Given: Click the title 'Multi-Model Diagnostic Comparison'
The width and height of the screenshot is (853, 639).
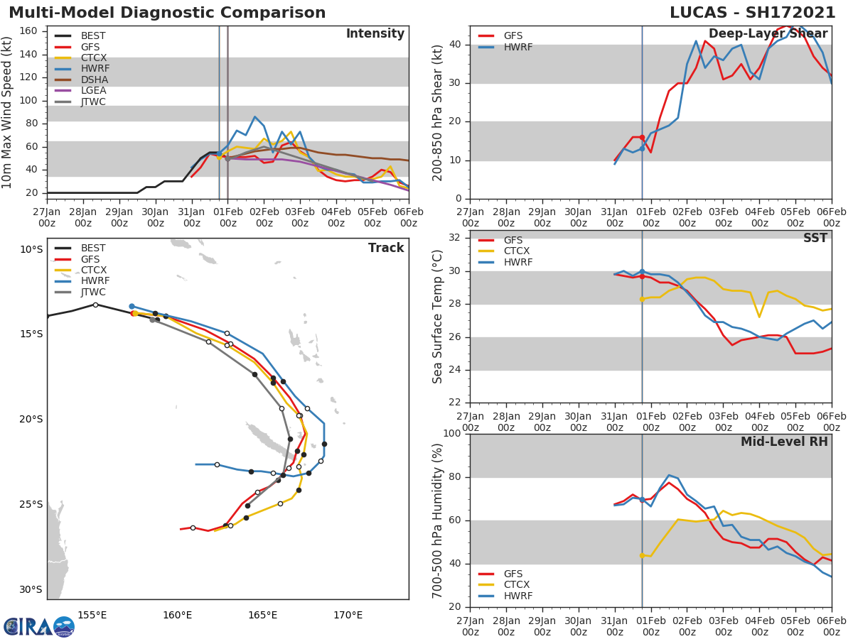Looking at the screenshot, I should (167, 13).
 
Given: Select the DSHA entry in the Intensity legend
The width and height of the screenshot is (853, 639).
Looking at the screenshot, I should (93, 80).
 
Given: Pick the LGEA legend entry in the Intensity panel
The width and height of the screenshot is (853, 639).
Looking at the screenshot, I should (93, 91).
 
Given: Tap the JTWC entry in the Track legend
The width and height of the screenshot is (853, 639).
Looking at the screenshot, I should (93, 293).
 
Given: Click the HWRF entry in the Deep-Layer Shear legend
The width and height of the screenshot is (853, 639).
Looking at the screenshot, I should (517, 47).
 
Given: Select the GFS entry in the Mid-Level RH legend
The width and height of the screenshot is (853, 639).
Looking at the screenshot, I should (513, 574).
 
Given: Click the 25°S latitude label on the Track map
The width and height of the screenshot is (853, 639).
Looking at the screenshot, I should (31, 505).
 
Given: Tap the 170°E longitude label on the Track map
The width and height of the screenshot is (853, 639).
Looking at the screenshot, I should (348, 616).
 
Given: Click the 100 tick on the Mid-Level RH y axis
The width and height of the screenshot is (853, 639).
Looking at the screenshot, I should (451, 434).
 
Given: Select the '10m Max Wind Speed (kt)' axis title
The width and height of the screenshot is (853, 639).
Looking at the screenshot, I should (8, 112).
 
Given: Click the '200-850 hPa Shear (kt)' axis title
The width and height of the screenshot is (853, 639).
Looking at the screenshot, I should (438, 112).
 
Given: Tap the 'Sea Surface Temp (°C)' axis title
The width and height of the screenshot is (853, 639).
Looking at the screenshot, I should (438, 317).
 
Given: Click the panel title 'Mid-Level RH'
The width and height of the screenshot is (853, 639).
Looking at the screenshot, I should (784, 442).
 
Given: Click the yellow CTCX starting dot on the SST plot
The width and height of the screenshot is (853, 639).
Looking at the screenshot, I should (642, 299).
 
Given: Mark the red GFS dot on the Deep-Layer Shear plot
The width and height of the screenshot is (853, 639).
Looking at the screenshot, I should (642, 138).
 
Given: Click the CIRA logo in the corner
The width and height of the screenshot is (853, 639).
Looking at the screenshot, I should (39, 626).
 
